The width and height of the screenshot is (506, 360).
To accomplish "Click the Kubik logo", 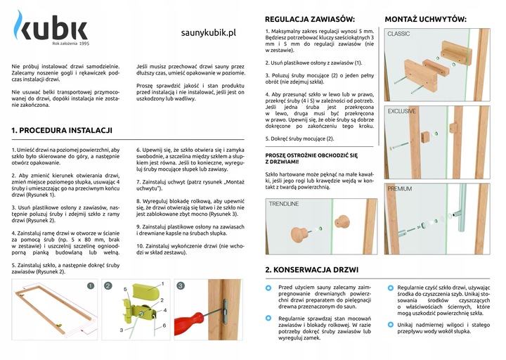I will [51, 30].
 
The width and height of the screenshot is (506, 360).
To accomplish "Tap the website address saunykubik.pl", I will [208, 32].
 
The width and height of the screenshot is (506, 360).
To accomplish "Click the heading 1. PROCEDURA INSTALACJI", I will [62, 131].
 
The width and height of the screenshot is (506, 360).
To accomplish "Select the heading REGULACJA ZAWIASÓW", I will [310, 18].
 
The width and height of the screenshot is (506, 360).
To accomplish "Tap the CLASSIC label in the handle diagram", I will [399, 34].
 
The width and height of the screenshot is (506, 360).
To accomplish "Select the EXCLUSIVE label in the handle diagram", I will [402, 111].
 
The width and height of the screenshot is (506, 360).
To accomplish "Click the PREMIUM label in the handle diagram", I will [400, 188].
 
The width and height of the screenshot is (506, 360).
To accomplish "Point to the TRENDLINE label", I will [284, 204].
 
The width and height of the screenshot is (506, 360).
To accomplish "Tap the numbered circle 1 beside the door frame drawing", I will [91, 286].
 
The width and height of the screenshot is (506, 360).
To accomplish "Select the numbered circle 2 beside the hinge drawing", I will [108, 286].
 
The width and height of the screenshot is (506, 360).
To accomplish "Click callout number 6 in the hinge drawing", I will [164, 326].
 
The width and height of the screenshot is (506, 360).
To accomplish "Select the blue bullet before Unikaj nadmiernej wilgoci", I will [390, 326].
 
